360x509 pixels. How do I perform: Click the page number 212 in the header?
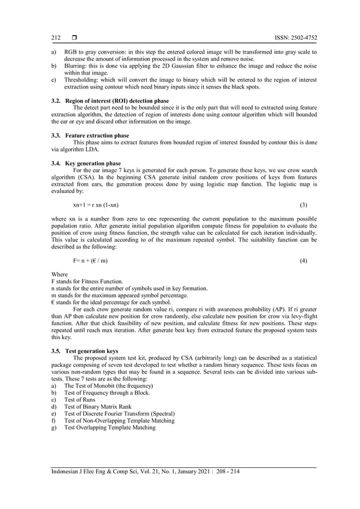[x=56, y=38]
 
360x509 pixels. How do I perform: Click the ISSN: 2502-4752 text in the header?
[x=296, y=38]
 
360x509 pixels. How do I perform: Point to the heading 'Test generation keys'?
[x=91, y=350]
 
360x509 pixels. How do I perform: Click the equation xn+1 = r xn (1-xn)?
[x=95, y=204]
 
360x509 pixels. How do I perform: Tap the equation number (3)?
[x=302, y=204]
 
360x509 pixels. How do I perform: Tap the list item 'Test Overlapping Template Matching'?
[x=109, y=428]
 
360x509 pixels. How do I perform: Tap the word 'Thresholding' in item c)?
[x=81, y=80]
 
